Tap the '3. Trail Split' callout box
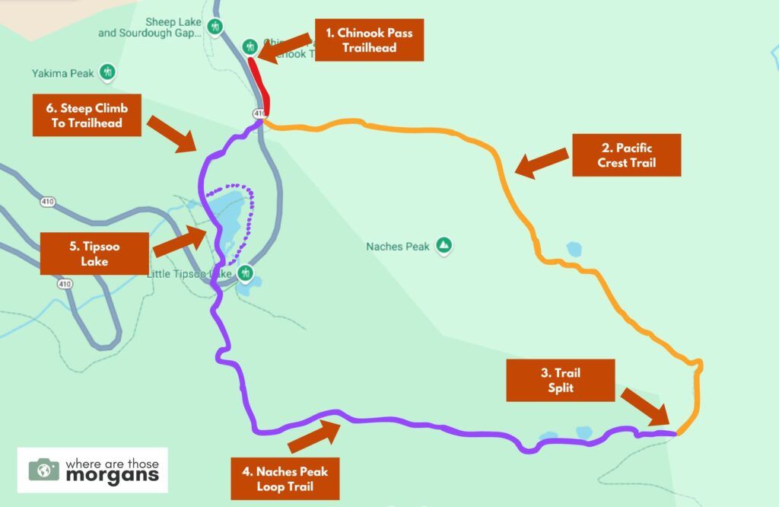coord(560,380)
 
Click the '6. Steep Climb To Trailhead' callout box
coord(87,116)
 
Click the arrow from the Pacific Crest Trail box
coord(542,163)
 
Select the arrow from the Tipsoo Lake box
coord(180,240)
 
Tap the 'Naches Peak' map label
coord(397,247)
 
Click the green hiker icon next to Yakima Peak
coord(109,73)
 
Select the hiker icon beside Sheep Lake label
coord(216,28)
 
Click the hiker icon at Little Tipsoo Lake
coord(245,273)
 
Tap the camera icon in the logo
coord(44,470)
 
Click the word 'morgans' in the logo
coord(112,476)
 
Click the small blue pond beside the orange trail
coord(574,249)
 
